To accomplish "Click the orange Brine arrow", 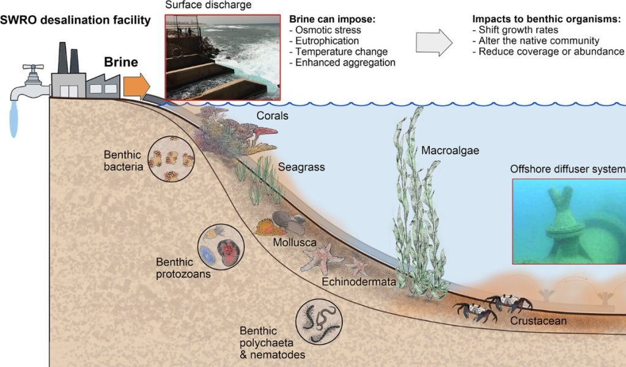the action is point(136,87).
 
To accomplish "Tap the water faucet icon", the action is point(30,82).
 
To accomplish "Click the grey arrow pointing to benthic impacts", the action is point(434,42).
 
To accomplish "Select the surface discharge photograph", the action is point(223,57).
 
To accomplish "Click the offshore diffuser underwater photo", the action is point(569,221).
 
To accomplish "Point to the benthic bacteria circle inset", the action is point(171,159).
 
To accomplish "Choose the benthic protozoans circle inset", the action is point(221,247).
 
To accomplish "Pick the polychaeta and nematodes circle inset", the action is point(319,322).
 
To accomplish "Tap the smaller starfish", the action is point(357,266).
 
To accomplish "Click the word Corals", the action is point(272,116).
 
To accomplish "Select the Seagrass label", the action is point(301,167).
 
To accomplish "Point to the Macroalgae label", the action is point(450,150).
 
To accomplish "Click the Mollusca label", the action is point(295,242).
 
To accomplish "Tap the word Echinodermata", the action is point(358,281).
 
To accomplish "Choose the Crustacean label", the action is point(538,321).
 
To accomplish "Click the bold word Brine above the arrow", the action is point(121,62).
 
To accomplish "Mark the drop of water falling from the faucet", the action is point(13,119).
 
